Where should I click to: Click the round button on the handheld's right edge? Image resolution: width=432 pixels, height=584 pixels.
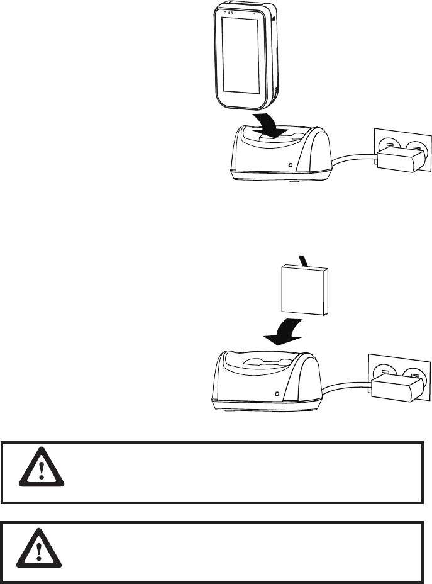pos(275,20)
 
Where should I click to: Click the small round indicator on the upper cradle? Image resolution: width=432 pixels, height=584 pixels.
pos(289,166)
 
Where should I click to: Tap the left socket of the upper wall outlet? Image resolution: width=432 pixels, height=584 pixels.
pos(389,145)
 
